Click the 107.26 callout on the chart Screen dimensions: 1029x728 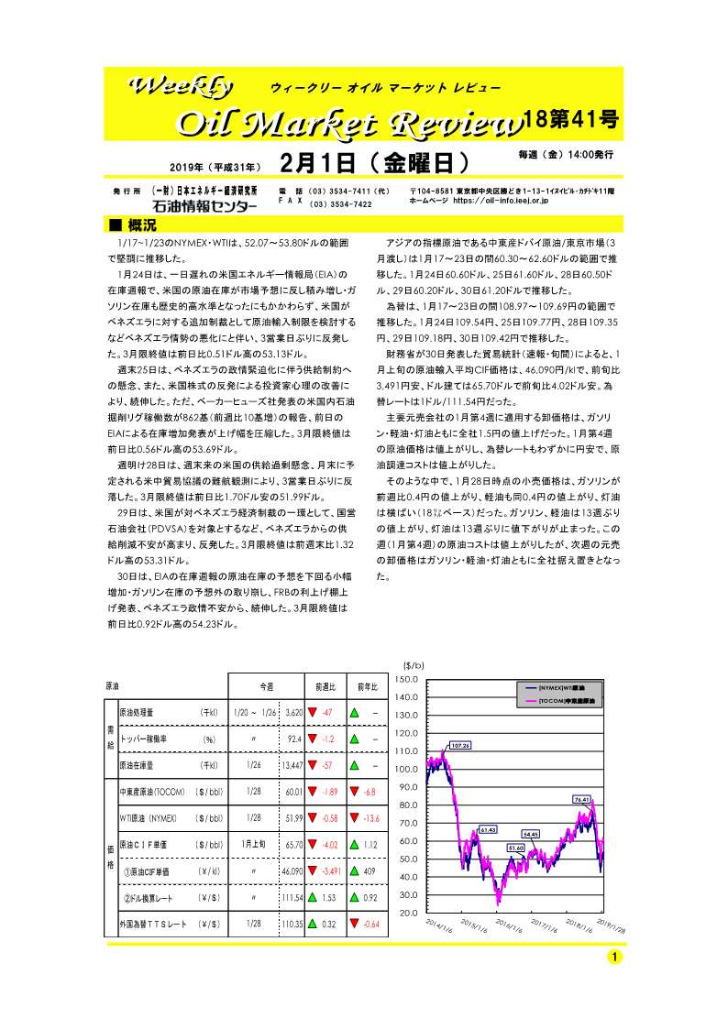pyautogui.click(x=459, y=746)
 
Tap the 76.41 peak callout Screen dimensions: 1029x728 pyautogui.click(x=581, y=799)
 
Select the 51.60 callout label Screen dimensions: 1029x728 pyautogui.click(x=516, y=848)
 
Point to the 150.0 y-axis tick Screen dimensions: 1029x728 pyautogui.click(x=406, y=679)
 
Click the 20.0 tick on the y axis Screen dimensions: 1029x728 pyautogui.click(x=408, y=913)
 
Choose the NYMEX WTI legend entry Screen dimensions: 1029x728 pyautogui.click(x=561, y=686)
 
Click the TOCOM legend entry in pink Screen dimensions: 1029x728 pyautogui.click(x=561, y=700)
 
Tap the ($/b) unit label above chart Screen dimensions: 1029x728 pyautogui.click(x=414, y=665)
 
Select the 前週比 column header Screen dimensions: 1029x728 pyautogui.click(x=325, y=684)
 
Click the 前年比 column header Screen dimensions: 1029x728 pyautogui.click(x=369, y=684)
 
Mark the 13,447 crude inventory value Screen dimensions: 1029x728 pyautogui.click(x=292, y=764)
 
